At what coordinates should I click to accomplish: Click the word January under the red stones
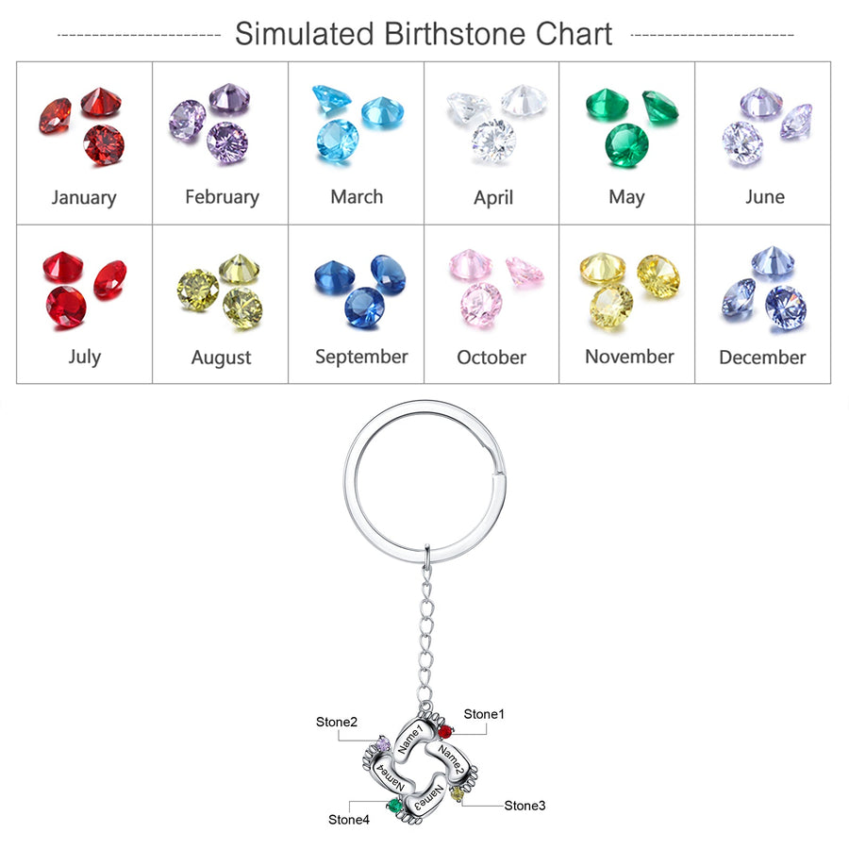[x=84, y=197]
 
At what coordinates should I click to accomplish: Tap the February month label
[x=222, y=197]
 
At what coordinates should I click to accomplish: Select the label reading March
[x=357, y=197]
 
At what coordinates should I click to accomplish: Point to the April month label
[x=493, y=198]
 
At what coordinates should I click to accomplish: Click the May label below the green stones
[x=626, y=197]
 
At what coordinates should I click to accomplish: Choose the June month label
[x=764, y=197]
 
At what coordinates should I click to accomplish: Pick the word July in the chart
[x=84, y=357]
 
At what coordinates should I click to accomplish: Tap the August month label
[x=222, y=358]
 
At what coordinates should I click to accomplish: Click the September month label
[x=361, y=357]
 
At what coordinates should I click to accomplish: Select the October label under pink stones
[x=491, y=358]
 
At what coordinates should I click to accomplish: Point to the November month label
[x=629, y=357]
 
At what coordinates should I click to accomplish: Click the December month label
[x=762, y=358]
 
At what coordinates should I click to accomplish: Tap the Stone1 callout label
[x=484, y=714]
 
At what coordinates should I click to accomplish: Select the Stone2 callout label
[x=337, y=723]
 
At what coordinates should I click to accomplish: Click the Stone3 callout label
[x=524, y=805]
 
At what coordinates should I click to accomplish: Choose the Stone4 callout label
[x=349, y=819]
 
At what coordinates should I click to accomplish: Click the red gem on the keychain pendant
[x=445, y=731]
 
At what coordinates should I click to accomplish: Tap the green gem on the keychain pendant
[x=393, y=805]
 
